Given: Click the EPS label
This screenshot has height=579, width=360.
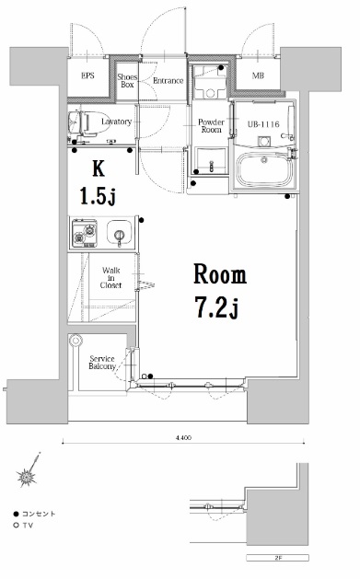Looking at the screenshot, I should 88,75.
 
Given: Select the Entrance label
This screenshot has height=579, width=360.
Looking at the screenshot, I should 168,80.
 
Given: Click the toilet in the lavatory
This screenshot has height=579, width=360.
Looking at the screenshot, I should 84,121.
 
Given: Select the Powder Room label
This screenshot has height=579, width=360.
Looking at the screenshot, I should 213,126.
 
